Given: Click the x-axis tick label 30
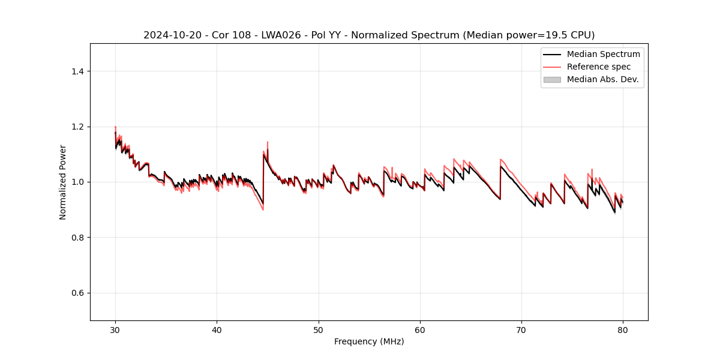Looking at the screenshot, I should tap(115, 329).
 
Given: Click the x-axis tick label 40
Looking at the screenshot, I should tap(217, 329).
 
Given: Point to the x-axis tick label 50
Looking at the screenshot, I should tap(319, 329).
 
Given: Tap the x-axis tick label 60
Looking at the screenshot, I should tap(420, 329).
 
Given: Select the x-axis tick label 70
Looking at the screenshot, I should tap(521, 329).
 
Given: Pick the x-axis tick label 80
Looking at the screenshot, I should tap(623, 329).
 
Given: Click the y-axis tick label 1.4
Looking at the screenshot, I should tap(77, 71).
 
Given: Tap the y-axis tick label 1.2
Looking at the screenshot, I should tap(77, 127).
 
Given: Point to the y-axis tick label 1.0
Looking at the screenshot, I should tap(77, 182).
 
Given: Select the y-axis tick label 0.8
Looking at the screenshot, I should tap(77, 238).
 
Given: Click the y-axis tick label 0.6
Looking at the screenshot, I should tap(77, 293).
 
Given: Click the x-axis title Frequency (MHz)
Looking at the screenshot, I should tap(369, 341).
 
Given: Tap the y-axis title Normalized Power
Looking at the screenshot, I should tap(63, 182).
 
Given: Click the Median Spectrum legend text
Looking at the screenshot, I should tap(603, 54).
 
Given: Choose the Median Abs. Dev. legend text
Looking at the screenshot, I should tap(602, 79).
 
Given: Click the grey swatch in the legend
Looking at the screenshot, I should tap(552, 79).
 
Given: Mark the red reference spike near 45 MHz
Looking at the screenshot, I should tap(267, 142).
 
